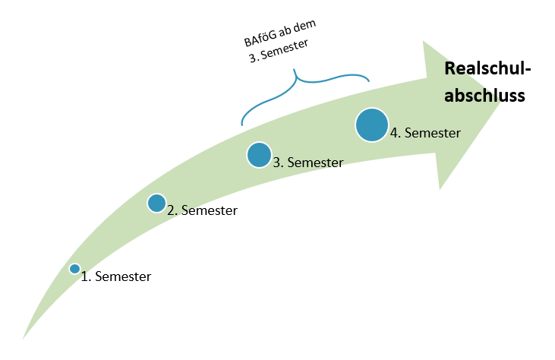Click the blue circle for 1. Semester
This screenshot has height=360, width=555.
74,268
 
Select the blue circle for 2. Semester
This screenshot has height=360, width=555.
156,203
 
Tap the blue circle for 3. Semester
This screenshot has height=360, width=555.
259,155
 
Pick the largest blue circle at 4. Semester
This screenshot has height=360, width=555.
371,125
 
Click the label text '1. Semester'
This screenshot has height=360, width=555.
116,277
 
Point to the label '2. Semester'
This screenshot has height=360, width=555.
202,210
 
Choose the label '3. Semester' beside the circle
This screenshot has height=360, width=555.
307,162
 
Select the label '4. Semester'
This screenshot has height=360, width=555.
425,133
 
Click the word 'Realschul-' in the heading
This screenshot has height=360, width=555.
487,69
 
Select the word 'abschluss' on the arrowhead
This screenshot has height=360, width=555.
484,96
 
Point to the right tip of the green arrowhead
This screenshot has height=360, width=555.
502,100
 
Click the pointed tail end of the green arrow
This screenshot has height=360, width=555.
25,336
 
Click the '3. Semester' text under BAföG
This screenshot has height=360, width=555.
282,50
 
